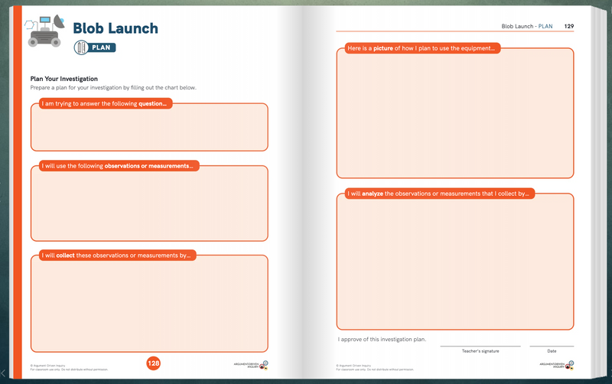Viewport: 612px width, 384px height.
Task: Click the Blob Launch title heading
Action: click(x=116, y=28)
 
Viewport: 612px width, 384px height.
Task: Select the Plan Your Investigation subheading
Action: click(x=64, y=79)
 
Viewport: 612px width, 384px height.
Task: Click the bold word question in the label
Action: click(x=152, y=103)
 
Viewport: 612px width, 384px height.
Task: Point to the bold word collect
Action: click(x=65, y=255)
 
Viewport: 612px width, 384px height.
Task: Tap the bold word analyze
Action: click(x=370, y=194)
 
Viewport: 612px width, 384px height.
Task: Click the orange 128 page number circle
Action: click(x=153, y=363)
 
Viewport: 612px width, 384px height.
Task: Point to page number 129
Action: click(x=568, y=26)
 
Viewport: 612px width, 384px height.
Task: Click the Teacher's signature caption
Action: click(x=480, y=351)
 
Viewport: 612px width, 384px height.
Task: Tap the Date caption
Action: click(x=552, y=351)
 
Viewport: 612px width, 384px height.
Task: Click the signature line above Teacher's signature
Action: click(x=480, y=346)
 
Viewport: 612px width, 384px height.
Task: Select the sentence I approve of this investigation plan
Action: click(x=382, y=339)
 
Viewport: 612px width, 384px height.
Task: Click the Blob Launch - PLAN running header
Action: click(x=527, y=26)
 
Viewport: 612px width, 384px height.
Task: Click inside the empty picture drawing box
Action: click(x=455, y=115)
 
